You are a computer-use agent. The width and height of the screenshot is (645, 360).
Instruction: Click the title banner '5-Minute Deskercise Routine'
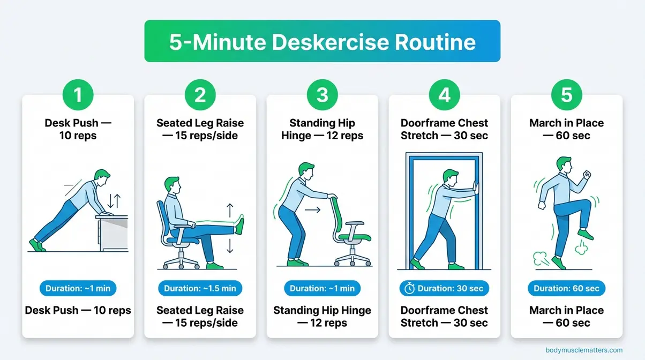[322, 42]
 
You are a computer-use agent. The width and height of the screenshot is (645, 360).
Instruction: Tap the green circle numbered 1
[78, 95]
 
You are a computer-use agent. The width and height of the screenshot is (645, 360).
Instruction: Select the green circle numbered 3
[322, 95]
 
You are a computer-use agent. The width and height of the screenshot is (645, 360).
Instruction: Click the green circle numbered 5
[566, 95]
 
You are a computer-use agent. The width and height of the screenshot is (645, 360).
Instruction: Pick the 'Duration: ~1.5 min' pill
[200, 288]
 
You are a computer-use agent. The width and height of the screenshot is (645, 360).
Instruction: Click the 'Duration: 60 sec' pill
[566, 288]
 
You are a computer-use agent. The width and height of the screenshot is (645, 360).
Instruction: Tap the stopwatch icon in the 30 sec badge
[410, 288]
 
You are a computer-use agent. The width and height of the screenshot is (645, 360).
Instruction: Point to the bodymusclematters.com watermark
[584, 350]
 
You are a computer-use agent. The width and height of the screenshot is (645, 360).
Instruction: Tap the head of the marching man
[562, 165]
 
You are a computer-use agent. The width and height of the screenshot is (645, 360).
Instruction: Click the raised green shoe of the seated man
[239, 225]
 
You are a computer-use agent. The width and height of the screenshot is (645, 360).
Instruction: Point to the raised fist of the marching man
[587, 175]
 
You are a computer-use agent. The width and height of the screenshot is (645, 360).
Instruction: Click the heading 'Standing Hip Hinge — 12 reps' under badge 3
[322, 129]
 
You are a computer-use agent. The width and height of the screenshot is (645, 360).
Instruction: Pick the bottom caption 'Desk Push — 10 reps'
[78, 310]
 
